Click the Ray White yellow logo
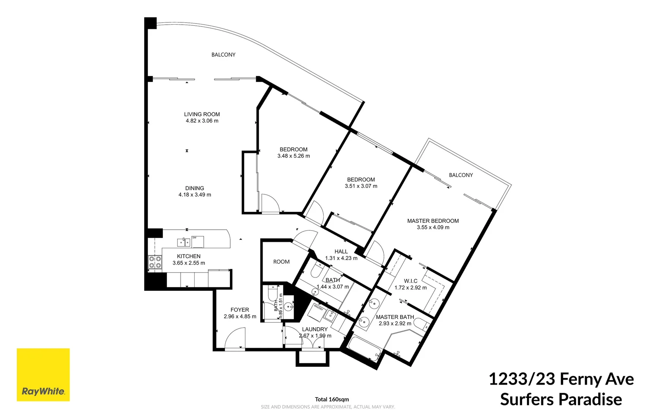(43, 374)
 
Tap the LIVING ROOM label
(202, 114)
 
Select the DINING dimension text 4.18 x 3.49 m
(195, 195)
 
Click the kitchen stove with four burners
(155, 262)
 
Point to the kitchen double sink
(184, 242)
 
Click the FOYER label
(240, 310)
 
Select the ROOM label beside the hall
(281, 262)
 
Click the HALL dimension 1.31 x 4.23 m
(341, 258)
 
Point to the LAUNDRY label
(315, 329)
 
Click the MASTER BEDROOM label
(433, 221)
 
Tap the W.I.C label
(411, 281)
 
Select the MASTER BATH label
(395, 317)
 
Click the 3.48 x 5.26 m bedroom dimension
(293, 156)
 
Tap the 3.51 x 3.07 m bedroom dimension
(361, 186)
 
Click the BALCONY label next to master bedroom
(461, 175)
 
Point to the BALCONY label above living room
(223, 55)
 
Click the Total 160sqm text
(332, 399)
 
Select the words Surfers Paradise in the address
(561, 399)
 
